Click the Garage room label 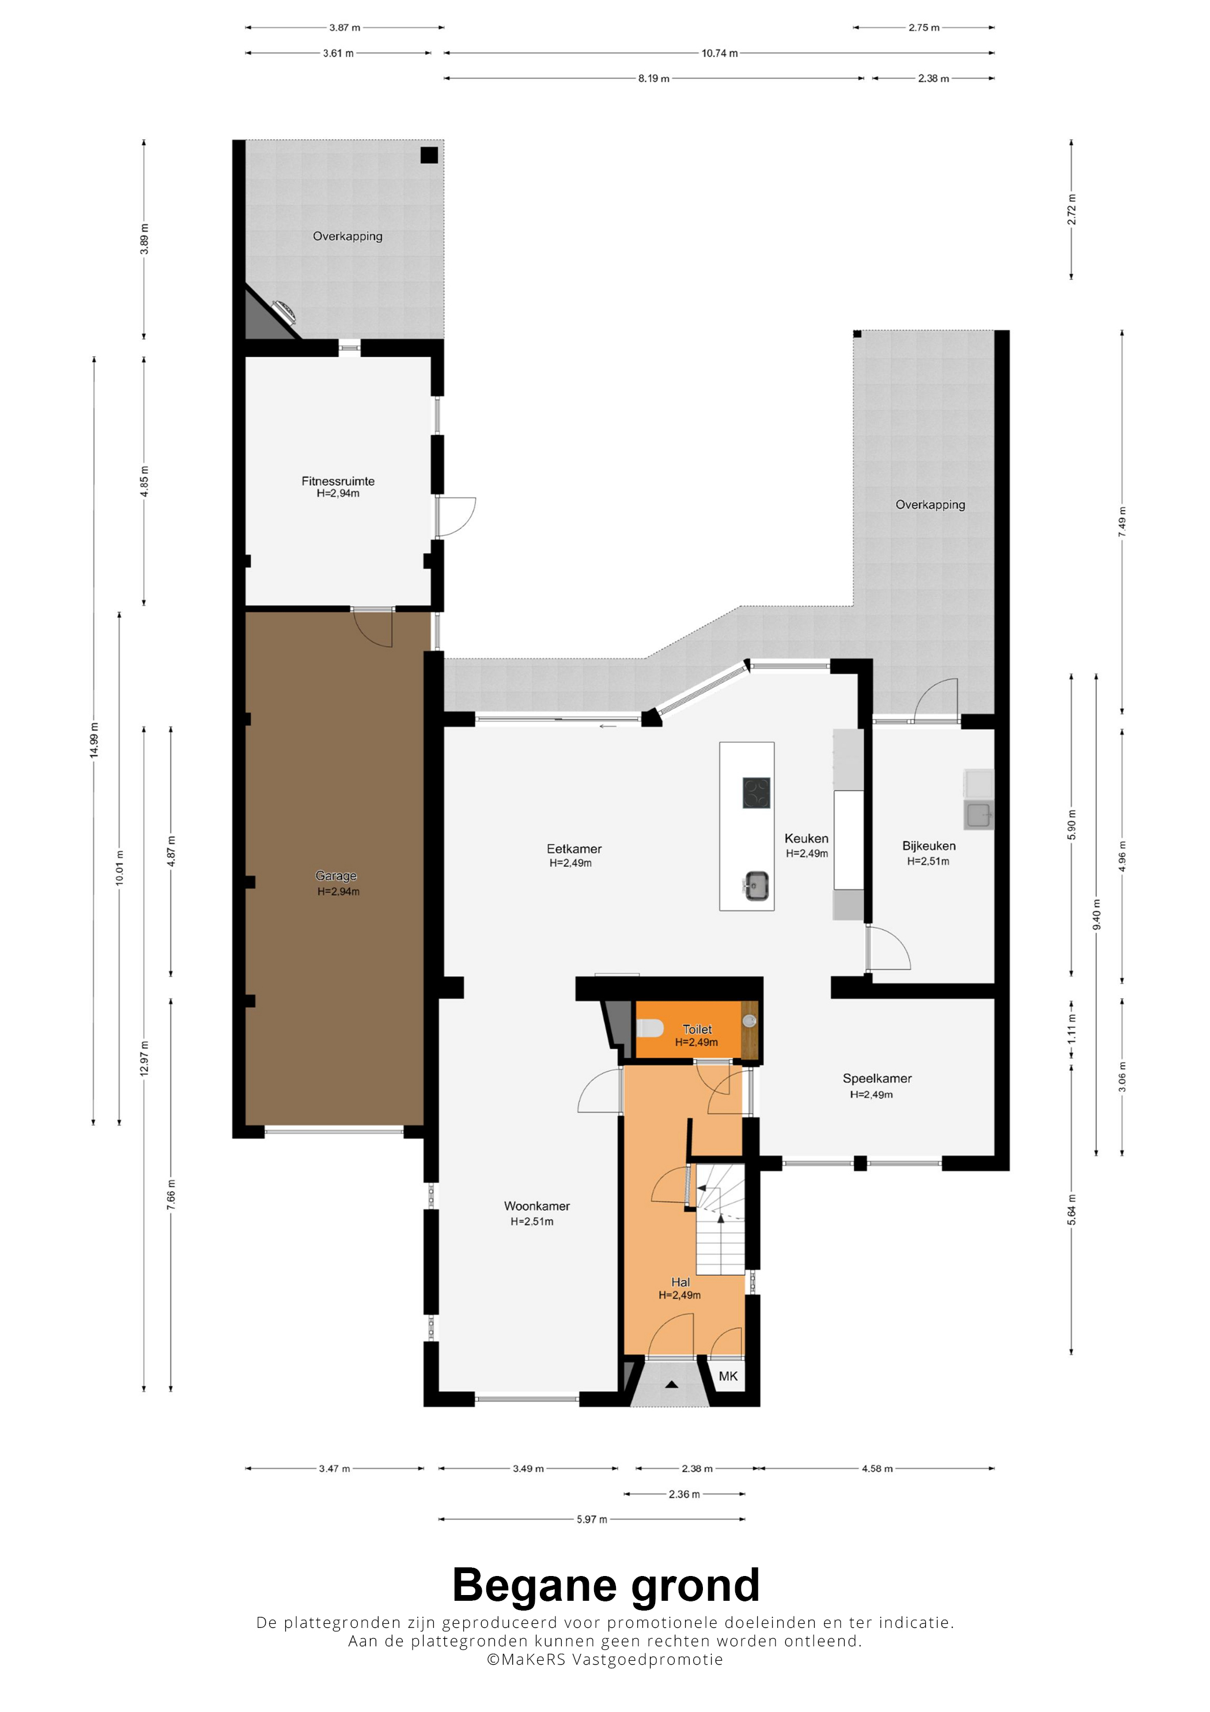click(336, 875)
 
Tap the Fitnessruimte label click(338, 481)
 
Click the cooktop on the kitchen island click(756, 793)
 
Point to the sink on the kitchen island click(756, 886)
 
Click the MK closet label click(728, 1375)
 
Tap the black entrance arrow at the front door click(672, 1385)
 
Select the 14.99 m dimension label click(94, 740)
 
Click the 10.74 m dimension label click(720, 53)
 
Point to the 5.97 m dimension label click(592, 1519)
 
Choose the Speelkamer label click(878, 1078)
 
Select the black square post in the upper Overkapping click(429, 155)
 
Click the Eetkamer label click(574, 849)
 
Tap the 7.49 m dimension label click(1122, 522)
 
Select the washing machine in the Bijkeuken click(979, 814)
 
